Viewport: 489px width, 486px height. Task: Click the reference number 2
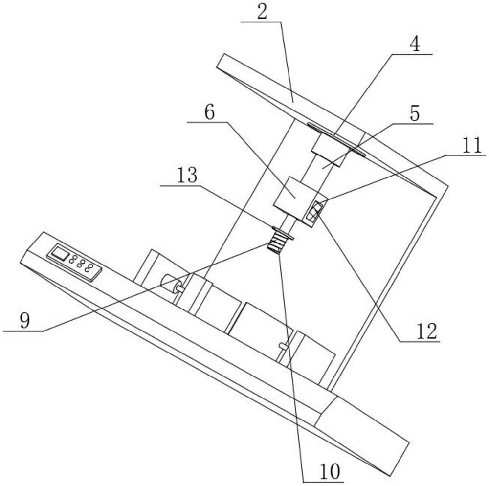click(262, 13)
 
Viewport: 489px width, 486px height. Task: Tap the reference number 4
click(414, 45)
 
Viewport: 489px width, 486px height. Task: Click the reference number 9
click(24, 321)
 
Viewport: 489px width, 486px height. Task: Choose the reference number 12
click(426, 331)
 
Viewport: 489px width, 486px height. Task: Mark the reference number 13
click(188, 175)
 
